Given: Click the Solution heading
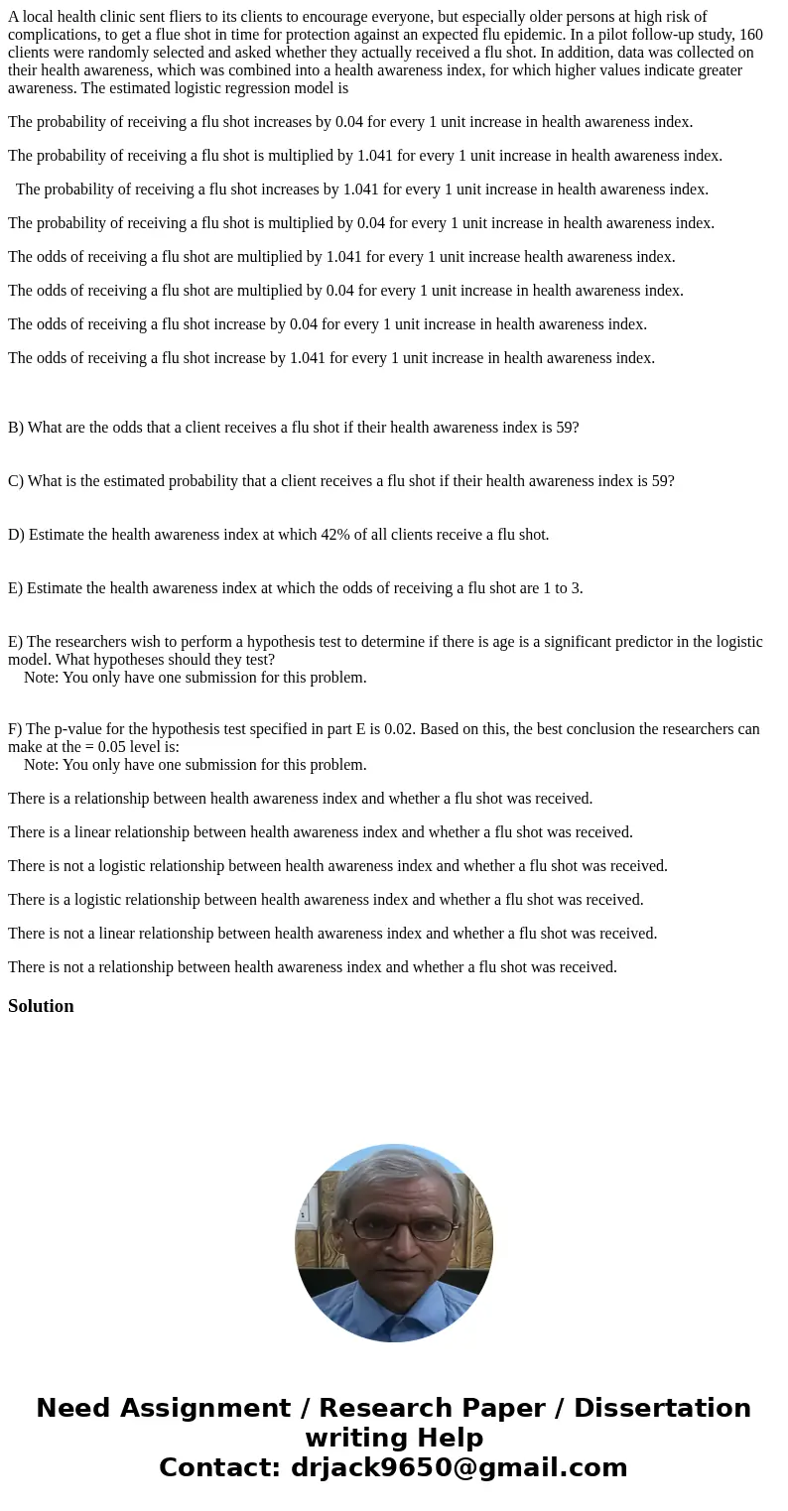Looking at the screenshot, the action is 41,1006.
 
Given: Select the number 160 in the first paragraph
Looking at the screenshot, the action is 750,35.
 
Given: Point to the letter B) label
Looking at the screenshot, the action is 16,428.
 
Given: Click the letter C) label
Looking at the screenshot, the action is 16,481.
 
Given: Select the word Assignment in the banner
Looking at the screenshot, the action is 205,1408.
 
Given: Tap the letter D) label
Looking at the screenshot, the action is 16,535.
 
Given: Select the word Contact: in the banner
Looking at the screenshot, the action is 219,1467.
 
